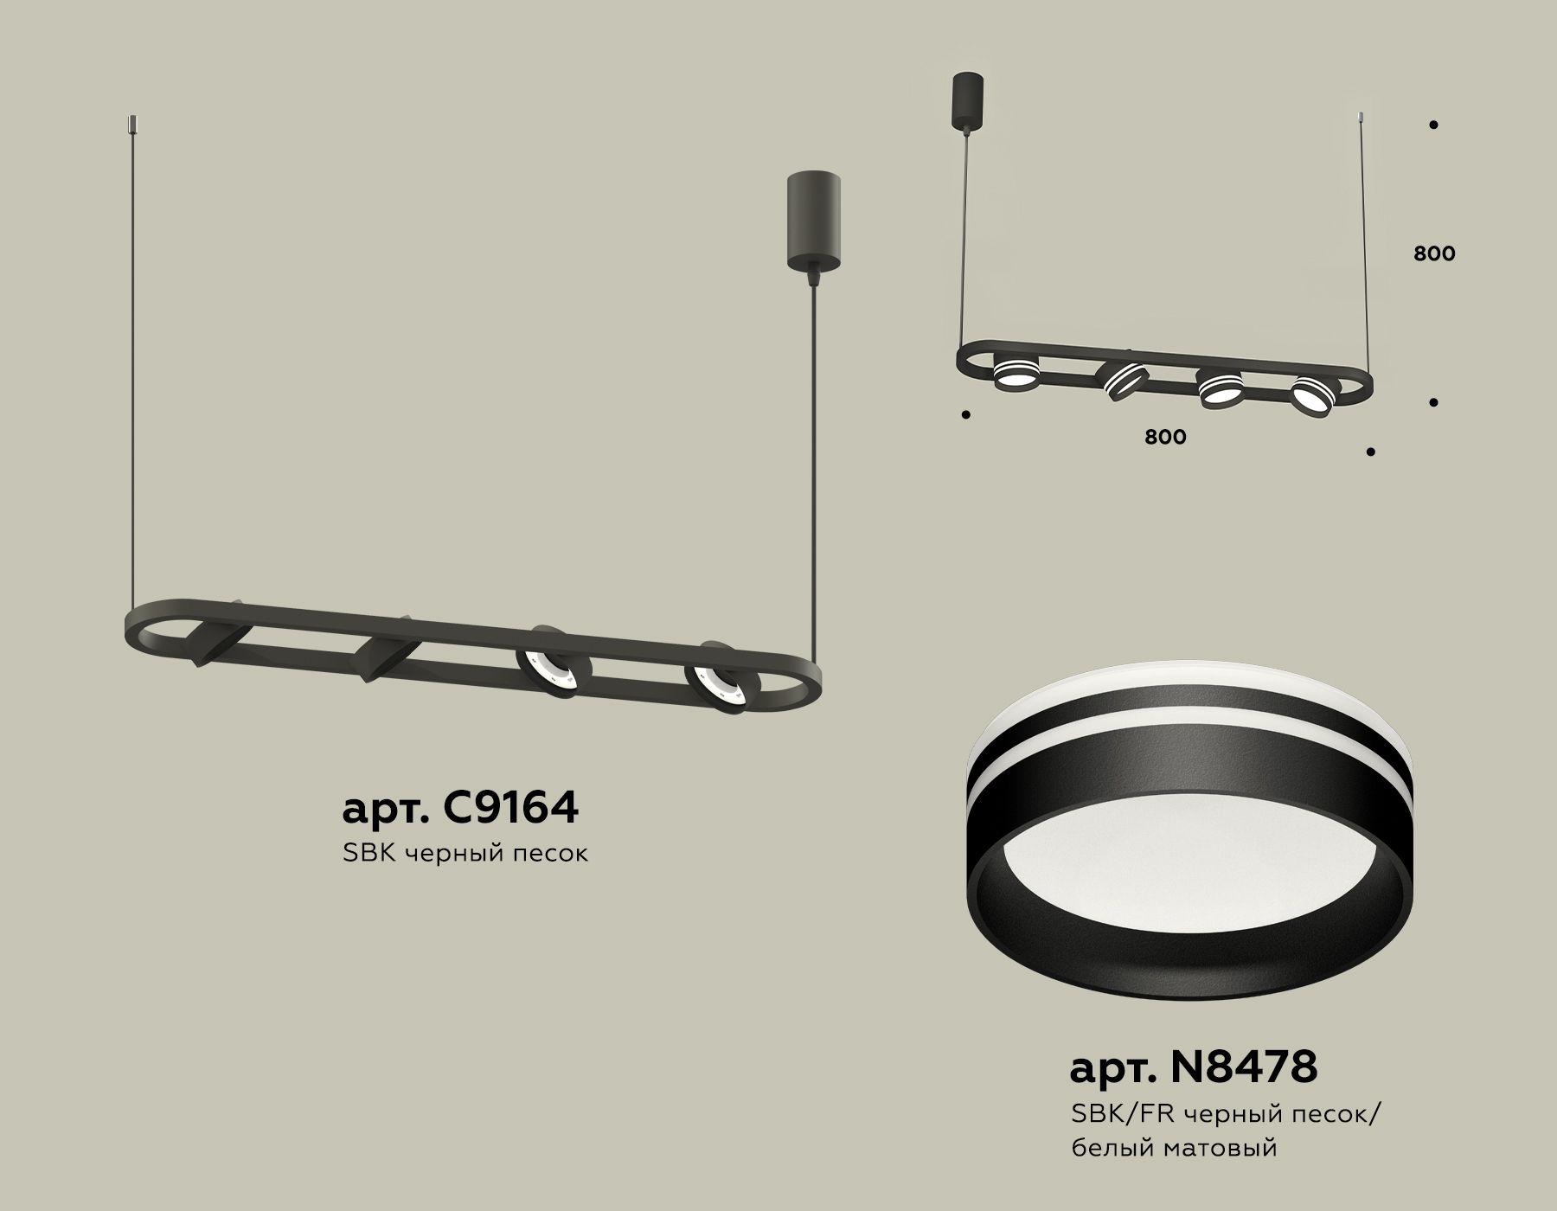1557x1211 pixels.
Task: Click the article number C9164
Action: (x=460, y=806)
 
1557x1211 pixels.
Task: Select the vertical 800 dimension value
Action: (x=1434, y=253)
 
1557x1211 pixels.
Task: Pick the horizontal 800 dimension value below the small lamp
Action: (x=1165, y=437)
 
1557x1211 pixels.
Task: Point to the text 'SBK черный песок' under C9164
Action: (x=465, y=853)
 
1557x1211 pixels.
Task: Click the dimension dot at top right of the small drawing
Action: (x=1433, y=125)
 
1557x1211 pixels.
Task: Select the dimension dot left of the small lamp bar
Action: (x=966, y=414)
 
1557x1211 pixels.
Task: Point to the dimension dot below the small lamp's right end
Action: (x=1371, y=451)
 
